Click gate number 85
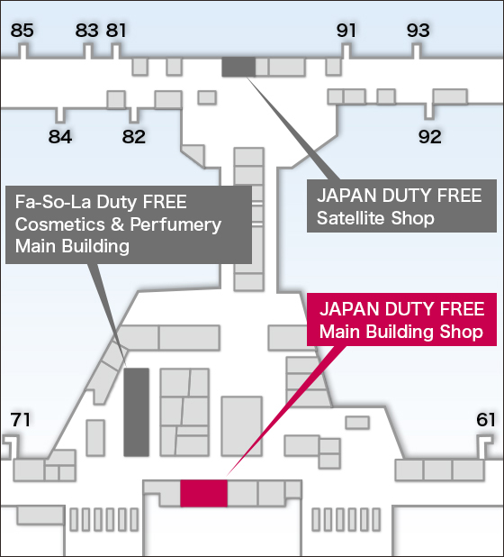(x=22, y=31)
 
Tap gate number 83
(x=86, y=31)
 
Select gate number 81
(x=115, y=31)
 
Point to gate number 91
(x=346, y=31)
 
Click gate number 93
(x=418, y=31)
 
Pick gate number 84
(x=60, y=136)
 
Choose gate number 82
(x=134, y=136)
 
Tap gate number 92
(x=430, y=136)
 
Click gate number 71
(x=20, y=419)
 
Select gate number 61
(x=486, y=419)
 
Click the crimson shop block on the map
(x=203, y=493)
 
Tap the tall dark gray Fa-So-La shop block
(x=136, y=412)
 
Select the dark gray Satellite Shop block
(x=238, y=67)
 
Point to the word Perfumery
(x=175, y=224)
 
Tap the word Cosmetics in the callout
(x=60, y=224)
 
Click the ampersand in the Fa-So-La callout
(x=117, y=224)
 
